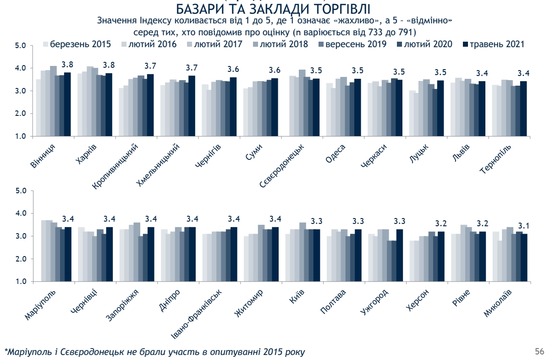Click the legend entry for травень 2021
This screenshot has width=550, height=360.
495,44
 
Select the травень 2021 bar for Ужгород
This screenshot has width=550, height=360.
400,255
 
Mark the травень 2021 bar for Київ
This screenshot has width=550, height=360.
316,255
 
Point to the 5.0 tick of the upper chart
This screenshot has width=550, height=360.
21,45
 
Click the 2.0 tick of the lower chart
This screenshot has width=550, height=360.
21,259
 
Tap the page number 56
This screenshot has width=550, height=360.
539,351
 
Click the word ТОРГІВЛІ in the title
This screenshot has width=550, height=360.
337,9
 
